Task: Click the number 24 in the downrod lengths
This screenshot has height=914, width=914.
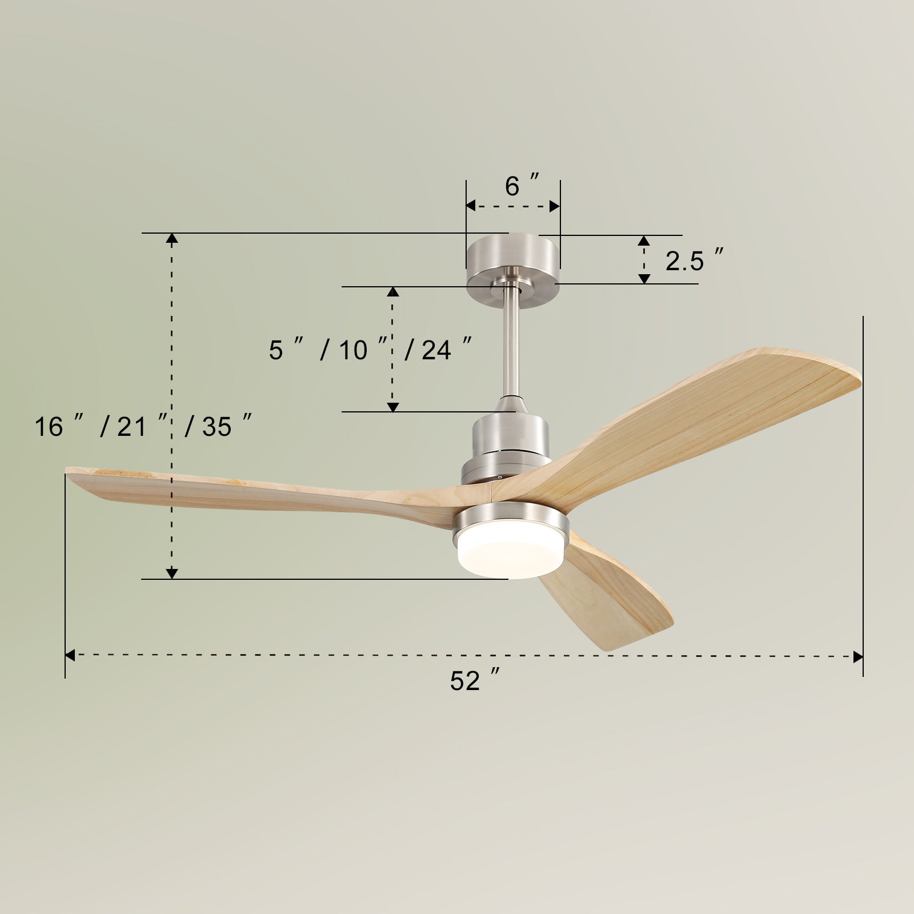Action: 436,350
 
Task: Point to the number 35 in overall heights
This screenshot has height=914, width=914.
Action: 217,426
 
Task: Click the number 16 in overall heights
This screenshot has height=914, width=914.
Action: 49,426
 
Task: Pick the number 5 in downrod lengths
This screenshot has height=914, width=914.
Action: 276,350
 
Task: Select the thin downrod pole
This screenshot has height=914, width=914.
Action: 511,343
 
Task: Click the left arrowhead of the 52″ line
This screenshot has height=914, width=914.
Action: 70,655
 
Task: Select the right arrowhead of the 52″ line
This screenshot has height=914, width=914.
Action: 858,657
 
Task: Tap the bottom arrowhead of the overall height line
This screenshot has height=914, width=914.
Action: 171,573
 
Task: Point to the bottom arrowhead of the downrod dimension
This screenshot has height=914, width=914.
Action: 392,406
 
